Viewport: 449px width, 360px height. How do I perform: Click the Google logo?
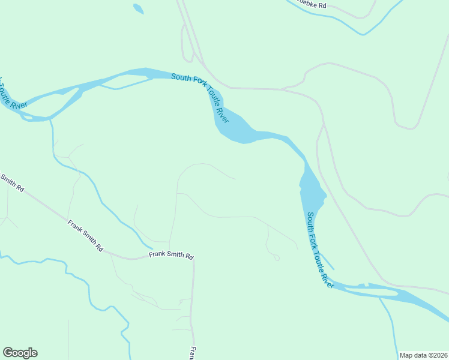20,353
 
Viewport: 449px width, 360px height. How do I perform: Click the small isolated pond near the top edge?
138,9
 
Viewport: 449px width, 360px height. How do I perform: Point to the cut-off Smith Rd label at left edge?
12,182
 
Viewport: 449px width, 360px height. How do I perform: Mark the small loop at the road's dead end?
277,258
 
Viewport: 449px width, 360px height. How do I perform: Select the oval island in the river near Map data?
372,292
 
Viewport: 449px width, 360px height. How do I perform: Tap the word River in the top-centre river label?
221,115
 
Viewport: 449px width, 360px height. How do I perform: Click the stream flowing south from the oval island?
389,324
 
